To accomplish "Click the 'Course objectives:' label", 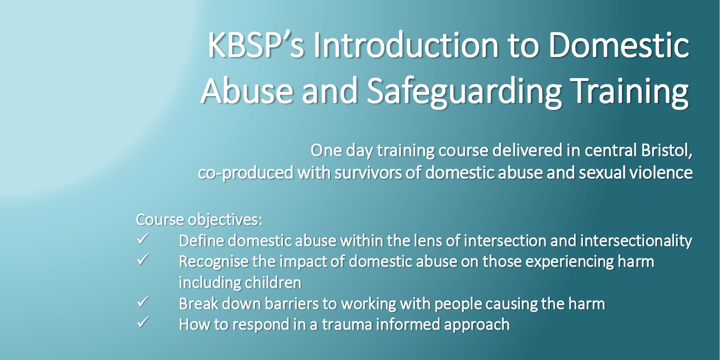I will click(x=199, y=219).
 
